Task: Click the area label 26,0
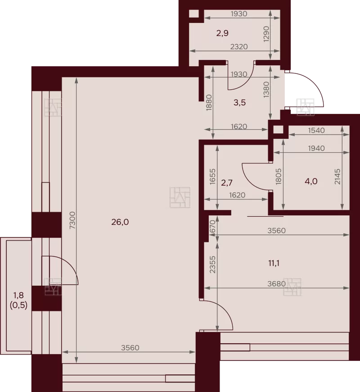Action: (120, 222)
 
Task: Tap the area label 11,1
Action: (274, 263)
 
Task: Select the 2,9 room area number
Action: (222, 33)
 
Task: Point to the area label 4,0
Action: (311, 181)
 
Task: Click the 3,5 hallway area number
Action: (240, 102)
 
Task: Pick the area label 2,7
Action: (227, 183)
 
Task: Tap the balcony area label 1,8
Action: (18, 295)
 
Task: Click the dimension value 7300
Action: (72, 220)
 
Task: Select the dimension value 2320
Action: (239, 47)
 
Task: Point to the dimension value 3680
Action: (276, 284)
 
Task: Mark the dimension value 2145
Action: (337, 177)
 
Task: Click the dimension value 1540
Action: (316, 130)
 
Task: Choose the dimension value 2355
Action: (212, 264)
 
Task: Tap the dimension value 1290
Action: (266, 34)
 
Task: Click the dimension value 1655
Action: (212, 177)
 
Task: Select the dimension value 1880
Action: (209, 102)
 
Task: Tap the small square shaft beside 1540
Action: (278, 130)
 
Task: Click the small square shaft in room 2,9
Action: (194, 14)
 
